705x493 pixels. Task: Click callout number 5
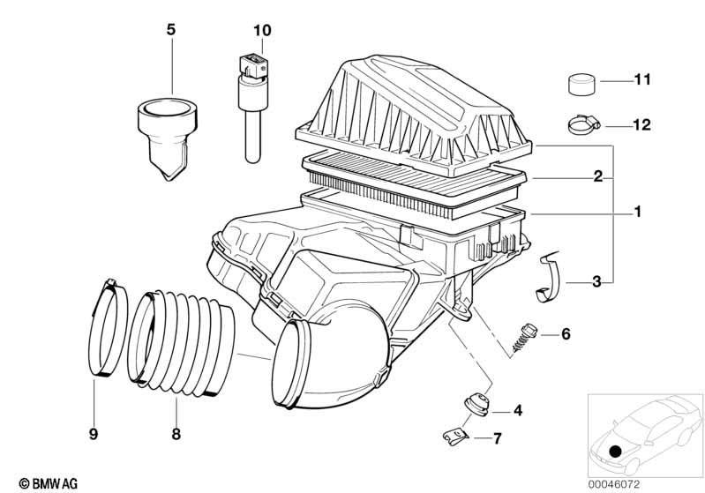(171, 30)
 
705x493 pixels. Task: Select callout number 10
(262, 30)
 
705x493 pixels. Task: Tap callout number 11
(641, 80)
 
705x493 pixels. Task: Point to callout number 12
(641, 125)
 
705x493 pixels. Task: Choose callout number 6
(566, 334)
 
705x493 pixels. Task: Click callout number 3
(596, 282)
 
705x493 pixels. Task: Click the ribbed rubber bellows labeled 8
(182, 340)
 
